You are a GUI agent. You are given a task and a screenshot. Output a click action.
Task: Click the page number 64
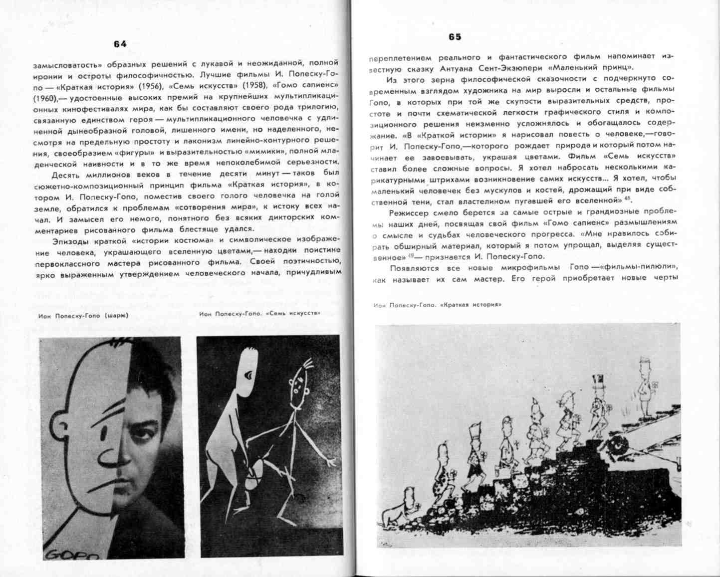point(120,44)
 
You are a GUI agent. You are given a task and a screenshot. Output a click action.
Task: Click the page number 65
point(455,37)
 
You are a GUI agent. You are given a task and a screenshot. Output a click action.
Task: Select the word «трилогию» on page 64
point(317,107)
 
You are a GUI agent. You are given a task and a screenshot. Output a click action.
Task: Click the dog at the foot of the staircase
point(393,514)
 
